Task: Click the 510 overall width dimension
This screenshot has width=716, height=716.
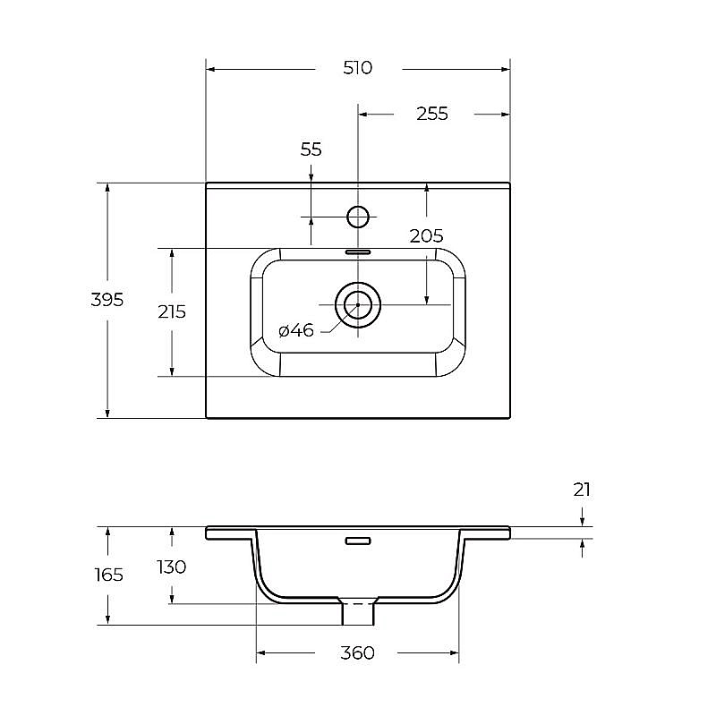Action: (x=357, y=68)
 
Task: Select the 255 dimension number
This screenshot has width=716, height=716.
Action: (x=432, y=114)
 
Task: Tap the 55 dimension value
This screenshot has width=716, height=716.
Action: (x=311, y=149)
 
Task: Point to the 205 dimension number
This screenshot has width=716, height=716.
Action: (x=426, y=236)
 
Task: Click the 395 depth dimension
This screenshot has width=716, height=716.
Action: (x=107, y=300)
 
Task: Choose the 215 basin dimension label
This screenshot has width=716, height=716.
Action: (x=172, y=311)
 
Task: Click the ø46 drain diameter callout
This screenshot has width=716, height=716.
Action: (x=296, y=330)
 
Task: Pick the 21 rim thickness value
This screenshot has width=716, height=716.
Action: (x=582, y=490)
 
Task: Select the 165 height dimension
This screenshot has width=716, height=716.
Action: (x=108, y=575)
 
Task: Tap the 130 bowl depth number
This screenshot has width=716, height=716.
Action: (x=172, y=567)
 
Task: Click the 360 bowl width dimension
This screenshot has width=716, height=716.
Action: (x=357, y=653)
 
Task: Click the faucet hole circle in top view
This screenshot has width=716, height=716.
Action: (x=358, y=217)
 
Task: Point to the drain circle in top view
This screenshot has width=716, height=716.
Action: (x=358, y=304)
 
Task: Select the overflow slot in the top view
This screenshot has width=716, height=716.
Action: (x=358, y=252)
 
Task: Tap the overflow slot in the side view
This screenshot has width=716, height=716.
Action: (x=358, y=541)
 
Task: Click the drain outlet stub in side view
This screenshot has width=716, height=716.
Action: (x=358, y=611)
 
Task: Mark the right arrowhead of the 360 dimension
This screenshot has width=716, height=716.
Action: (x=454, y=653)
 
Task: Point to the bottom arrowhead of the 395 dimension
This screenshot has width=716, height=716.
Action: (x=107, y=413)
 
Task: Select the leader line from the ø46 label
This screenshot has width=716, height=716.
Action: (x=339, y=320)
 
